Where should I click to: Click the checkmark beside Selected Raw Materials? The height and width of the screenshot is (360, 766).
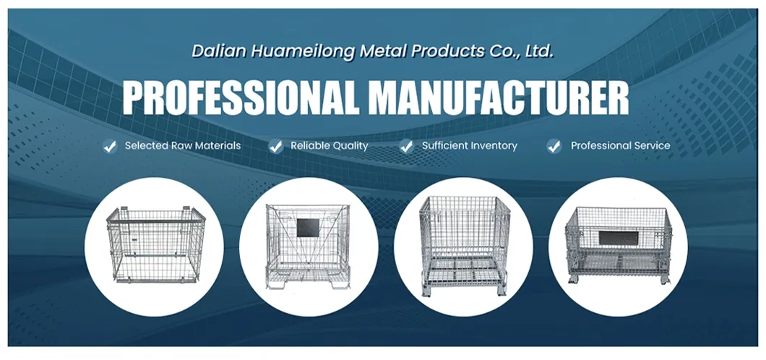[110, 147]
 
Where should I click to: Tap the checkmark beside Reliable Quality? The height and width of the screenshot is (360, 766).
[275, 147]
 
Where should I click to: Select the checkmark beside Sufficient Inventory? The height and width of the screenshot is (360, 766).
[407, 147]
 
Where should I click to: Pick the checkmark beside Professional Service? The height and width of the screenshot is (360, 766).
[554, 147]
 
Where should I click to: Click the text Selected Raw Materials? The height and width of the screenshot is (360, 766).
[183, 146]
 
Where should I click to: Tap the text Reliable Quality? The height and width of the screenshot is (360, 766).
[330, 146]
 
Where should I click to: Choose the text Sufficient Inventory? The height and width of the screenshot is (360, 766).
[470, 146]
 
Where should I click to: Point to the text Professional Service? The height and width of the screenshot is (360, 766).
[620, 146]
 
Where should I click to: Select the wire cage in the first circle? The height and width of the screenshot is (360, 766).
[152, 246]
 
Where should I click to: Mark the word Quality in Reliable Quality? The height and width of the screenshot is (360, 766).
[350, 146]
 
